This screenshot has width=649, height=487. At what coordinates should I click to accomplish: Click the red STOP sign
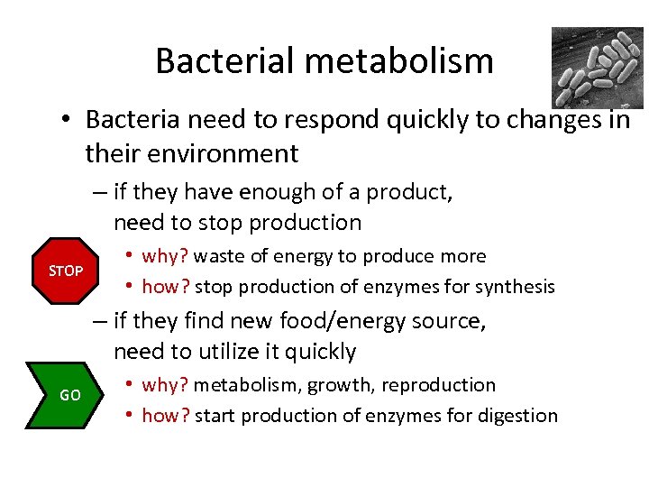(66, 271)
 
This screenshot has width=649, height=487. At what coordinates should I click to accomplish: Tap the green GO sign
(69, 395)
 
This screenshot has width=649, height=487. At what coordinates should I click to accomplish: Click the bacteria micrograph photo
(598, 68)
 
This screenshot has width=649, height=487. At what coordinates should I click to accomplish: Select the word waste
(219, 256)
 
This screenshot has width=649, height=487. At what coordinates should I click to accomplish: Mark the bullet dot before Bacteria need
(68, 120)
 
